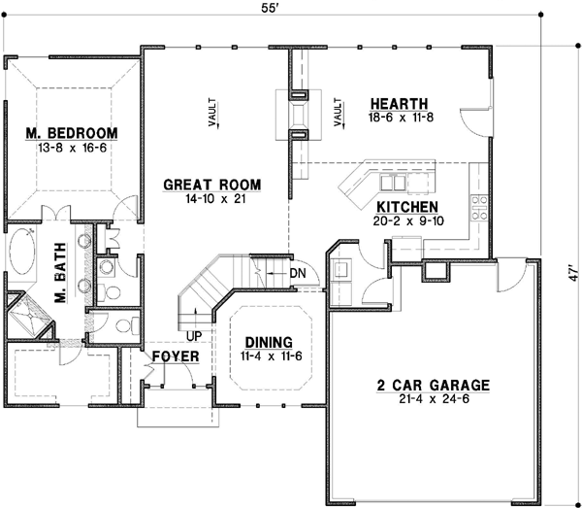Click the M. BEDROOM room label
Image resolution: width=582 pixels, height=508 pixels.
coord(71,133)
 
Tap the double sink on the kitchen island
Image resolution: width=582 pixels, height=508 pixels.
coord(393,183)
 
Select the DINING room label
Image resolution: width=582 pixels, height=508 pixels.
coord(269,342)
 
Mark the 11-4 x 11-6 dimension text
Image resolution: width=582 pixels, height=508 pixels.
coord(269,356)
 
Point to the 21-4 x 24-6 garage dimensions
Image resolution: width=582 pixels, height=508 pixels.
coord(432,399)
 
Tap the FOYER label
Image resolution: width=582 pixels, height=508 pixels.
coord(176,357)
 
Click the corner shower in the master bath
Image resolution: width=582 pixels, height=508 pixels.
coord(28,314)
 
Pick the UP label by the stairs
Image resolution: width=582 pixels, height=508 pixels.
coord(193,336)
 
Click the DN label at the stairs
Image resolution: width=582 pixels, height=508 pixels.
coord(298,274)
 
